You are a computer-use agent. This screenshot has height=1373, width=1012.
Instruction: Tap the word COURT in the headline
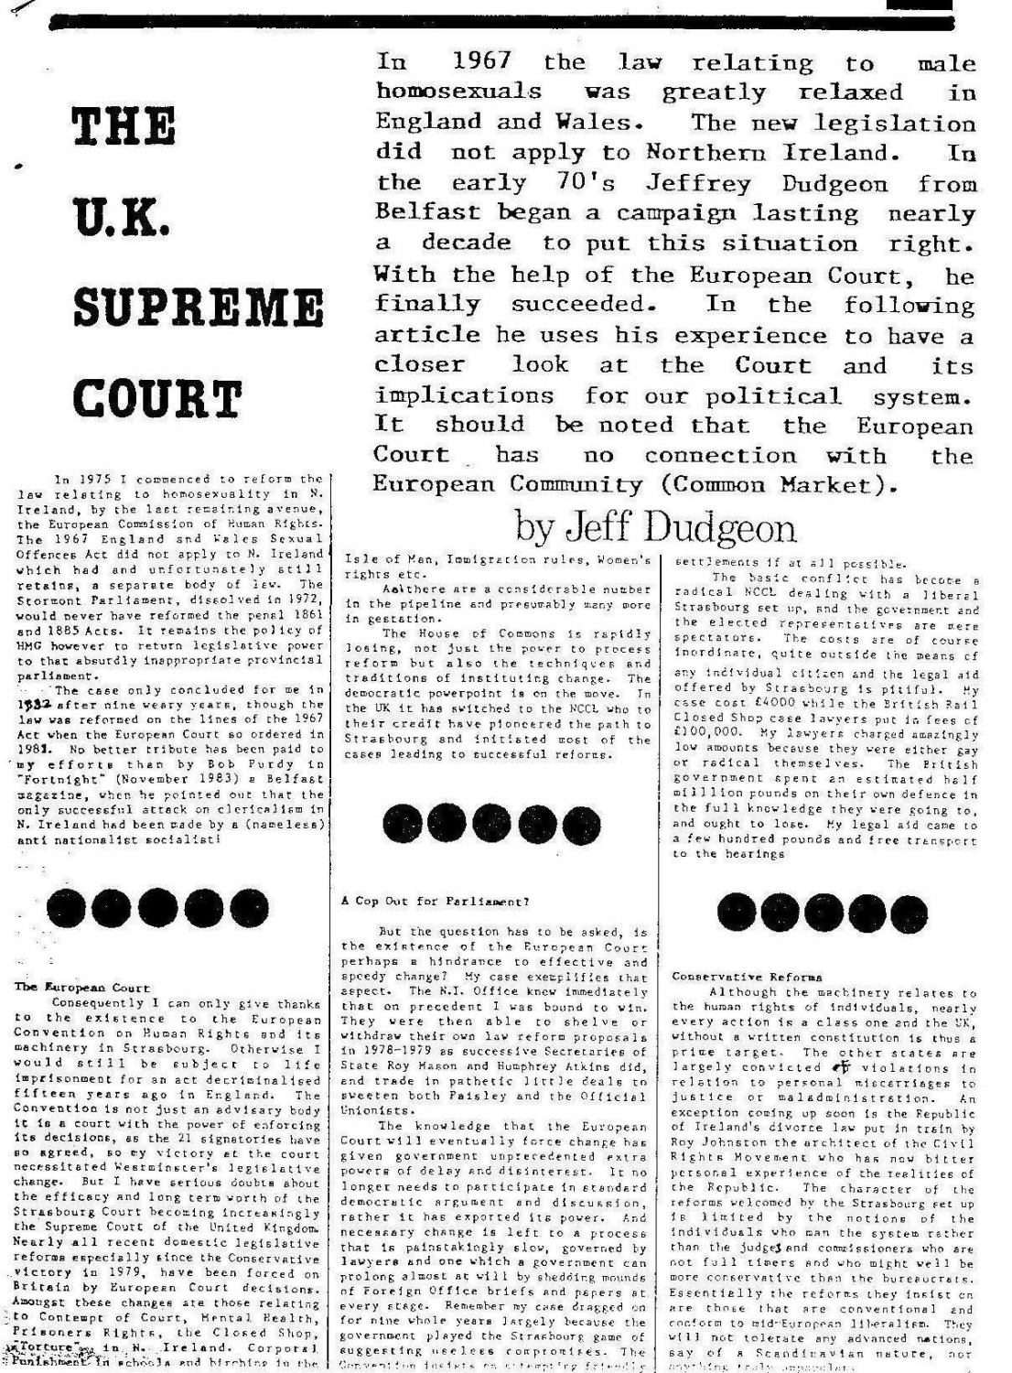pos(156,400)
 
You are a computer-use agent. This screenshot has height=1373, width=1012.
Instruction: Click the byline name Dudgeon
pos(723,526)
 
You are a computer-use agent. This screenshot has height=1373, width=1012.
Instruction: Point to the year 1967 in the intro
pos(482,62)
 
